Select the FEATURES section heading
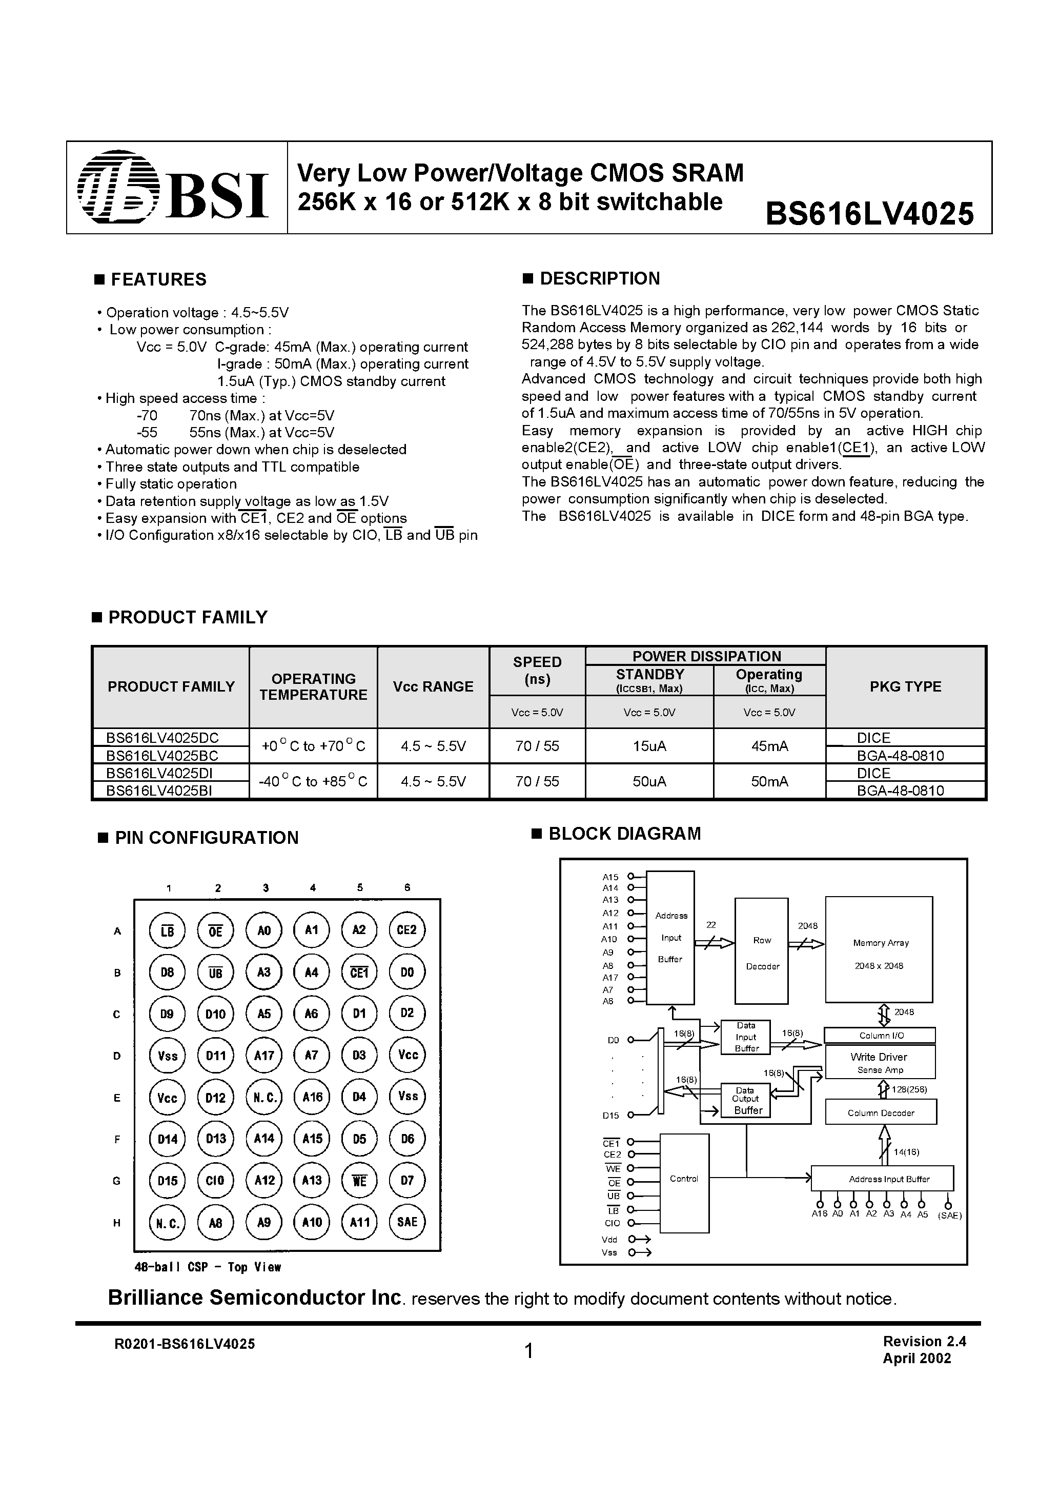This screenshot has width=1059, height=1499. click(158, 279)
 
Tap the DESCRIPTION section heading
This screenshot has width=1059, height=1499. click(599, 279)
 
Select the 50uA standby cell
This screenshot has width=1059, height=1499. click(649, 781)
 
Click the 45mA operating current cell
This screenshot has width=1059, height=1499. click(769, 746)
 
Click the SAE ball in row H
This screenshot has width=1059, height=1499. click(407, 1222)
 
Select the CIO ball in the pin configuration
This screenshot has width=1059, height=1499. click(215, 1181)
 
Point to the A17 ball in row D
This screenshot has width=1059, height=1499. click(264, 1056)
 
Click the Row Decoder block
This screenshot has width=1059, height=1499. click(762, 953)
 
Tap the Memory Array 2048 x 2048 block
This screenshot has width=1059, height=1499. click(879, 953)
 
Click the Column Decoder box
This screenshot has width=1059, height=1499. click(881, 1113)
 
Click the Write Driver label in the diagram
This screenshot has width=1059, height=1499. click(879, 1057)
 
